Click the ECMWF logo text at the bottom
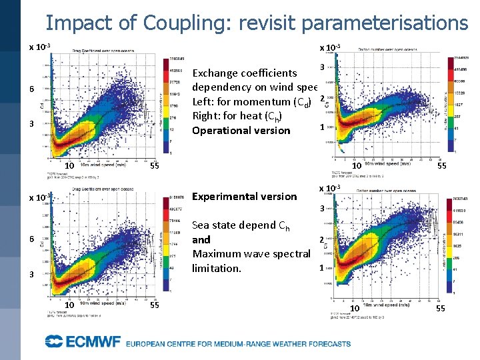[x=83, y=343]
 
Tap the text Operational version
[x=241, y=130]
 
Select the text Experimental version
[x=244, y=196]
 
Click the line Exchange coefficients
[x=244, y=73]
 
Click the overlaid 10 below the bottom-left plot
[x=67, y=305]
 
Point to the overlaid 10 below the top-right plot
[x=357, y=165]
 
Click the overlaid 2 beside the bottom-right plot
[x=321, y=239]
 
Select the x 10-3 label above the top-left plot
[x=40, y=47]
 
